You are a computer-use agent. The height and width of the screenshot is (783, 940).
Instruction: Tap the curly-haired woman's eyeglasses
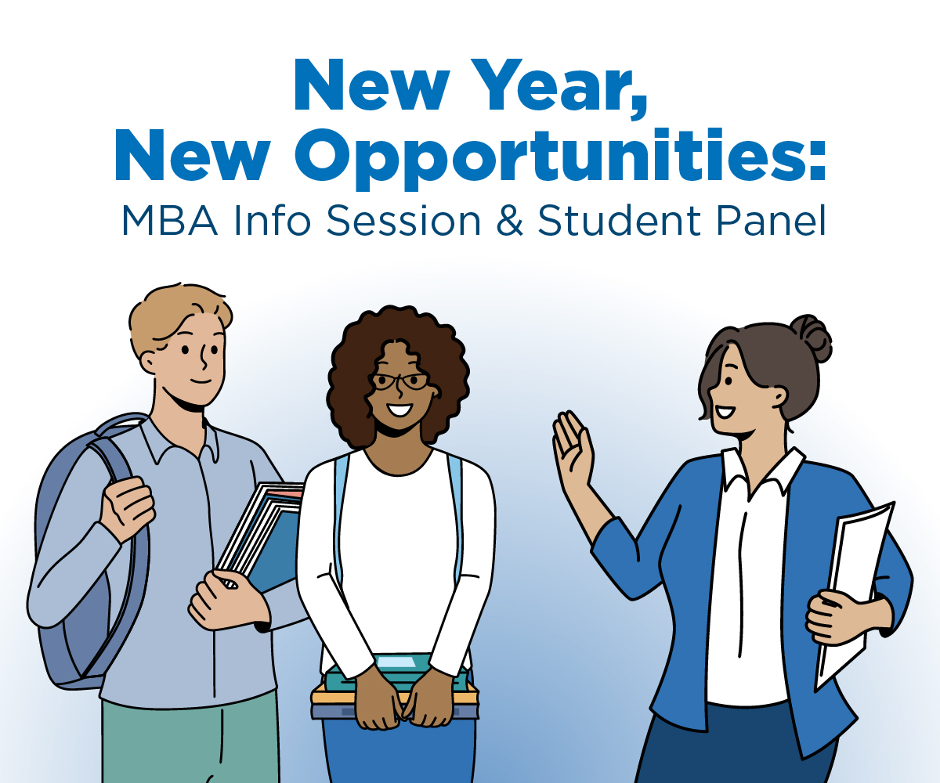tap(399, 381)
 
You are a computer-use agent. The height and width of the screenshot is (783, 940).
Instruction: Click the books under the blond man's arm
tap(262, 532)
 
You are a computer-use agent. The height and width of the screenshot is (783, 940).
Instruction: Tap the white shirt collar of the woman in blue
tap(764, 470)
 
